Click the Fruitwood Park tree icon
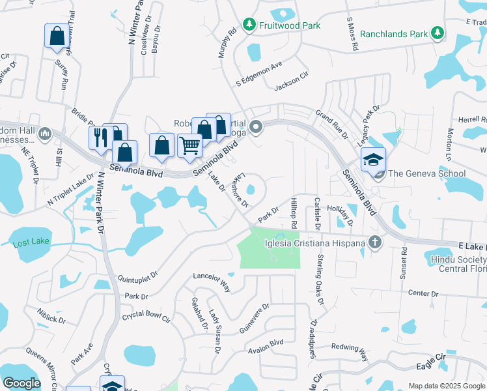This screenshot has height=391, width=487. point(249,25)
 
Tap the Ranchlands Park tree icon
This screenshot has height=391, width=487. point(438,33)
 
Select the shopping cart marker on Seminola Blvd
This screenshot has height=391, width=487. point(189,145)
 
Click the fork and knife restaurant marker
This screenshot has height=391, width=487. point(100,137)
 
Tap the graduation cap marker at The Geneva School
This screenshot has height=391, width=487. point(373,159)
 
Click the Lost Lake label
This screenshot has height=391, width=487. point(28,245)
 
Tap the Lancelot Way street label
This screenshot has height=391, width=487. point(212,281)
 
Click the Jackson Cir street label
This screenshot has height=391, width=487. point(291,80)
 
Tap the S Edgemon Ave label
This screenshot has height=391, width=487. point(258,73)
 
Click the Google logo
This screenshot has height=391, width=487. point(22,383)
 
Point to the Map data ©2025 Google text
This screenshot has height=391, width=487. point(446,386)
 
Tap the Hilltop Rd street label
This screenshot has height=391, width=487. point(294,213)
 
